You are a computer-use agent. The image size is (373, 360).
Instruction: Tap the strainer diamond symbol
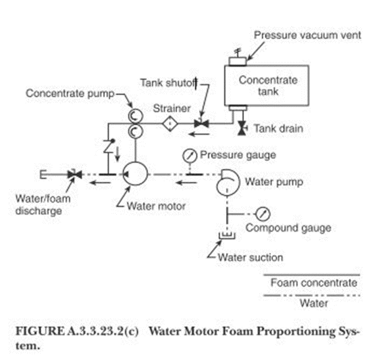(169, 124)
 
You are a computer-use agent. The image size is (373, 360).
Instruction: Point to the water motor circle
(135, 174)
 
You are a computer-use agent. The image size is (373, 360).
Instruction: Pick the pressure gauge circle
(189, 156)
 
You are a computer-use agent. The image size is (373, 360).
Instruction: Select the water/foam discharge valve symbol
(74, 174)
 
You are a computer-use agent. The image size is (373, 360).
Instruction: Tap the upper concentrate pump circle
(134, 114)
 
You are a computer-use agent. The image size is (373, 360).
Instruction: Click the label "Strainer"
(169, 108)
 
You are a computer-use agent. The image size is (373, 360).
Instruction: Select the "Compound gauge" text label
(288, 228)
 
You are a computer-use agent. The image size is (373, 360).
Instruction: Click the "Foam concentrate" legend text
(314, 283)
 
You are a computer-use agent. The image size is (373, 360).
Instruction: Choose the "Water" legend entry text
(314, 303)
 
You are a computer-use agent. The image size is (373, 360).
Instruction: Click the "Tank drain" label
(278, 128)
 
